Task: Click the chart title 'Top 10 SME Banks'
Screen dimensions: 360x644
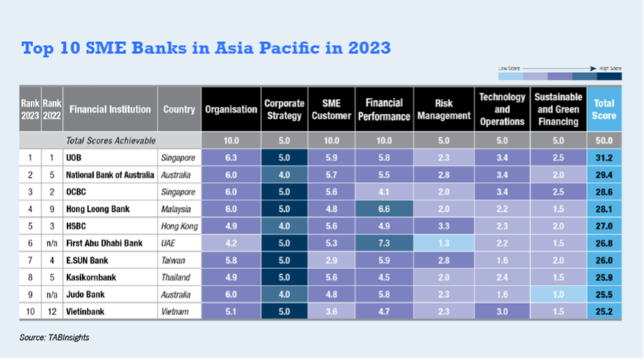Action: point(206,49)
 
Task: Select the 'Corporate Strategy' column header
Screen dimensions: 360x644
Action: point(285,109)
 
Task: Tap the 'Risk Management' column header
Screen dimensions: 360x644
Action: point(443,109)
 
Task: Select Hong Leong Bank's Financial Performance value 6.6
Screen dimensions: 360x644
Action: point(384,208)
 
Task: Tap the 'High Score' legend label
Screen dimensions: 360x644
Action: point(610,67)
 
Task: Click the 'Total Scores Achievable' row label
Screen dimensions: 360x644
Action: point(110,140)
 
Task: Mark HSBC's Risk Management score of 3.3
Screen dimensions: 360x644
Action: point(443,225)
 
